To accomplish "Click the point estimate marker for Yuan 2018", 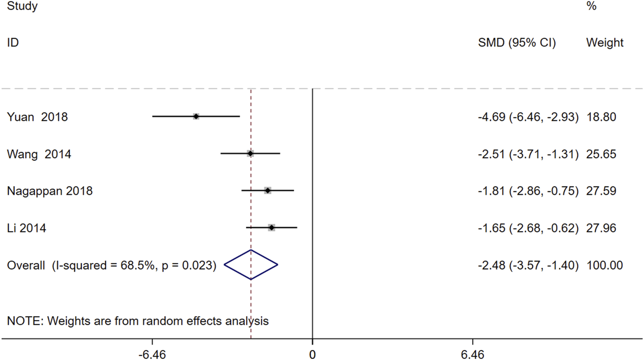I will (196, 117).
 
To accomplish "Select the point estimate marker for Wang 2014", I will (250, 154).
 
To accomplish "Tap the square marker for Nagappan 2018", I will (268, 191).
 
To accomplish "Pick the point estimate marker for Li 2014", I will (272, 228).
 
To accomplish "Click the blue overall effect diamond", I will (251, 265).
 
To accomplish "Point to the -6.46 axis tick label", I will (152, 354).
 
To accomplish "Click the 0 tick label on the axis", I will (312, 354).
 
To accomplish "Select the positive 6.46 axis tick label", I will (473, 354).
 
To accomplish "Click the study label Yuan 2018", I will (37, 117).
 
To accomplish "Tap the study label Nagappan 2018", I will (50, 191).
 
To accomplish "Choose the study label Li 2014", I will (27, 228).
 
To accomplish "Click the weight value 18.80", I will (601, 117).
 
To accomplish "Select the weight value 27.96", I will (601, 228).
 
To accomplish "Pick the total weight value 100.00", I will (604, 265).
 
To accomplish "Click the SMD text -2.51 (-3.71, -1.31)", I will (528, 154).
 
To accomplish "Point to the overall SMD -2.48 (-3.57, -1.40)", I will (528, 265).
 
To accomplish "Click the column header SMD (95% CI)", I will (517, 43).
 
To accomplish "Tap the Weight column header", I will (604, 43).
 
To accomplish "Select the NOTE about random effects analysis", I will (138, 321).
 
